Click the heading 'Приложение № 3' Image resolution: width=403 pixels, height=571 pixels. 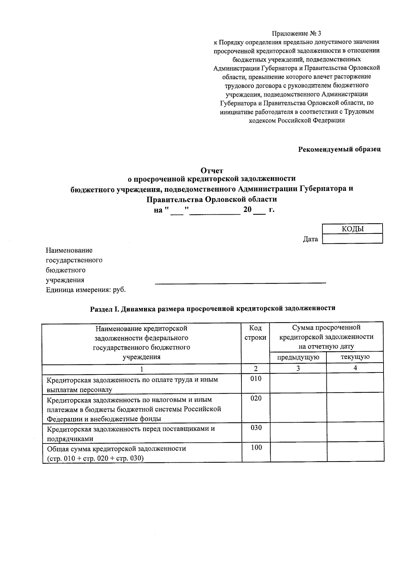coord(297,33)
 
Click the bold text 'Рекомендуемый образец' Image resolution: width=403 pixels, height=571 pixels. coord(340,149)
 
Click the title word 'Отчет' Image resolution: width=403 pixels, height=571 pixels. coord(212,171)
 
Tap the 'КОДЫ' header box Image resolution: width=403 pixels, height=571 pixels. coord(352,229)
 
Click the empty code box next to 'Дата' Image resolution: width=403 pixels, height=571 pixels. coord(352,239)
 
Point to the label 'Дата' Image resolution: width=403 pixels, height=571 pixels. coord(310,239)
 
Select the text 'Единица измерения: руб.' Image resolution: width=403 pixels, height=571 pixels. coord(86,290)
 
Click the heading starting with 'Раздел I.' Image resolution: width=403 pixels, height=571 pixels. coord(213,308)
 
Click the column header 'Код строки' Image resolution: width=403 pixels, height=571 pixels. coord(256,332)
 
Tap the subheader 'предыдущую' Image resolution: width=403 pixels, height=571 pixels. coord(298,357)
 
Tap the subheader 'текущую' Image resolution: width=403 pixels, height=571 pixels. coord(355,357)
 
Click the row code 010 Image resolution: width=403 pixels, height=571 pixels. coord(256,379)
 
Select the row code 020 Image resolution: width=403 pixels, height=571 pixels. coord(256,398)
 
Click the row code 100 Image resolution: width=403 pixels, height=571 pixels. coord(256,448)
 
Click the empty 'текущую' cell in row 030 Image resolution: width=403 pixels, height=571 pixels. coord(355,432)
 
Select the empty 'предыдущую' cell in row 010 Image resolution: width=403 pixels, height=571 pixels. coord(298,383)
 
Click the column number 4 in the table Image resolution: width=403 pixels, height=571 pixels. coord(355,368)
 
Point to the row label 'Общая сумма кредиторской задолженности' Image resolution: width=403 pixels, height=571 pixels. coord(116,449)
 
